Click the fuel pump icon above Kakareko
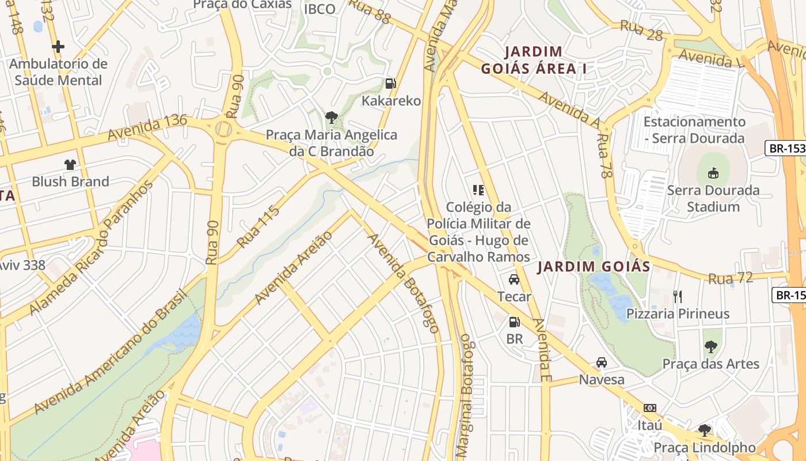(x=391, y=84)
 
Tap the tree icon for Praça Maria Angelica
(x=331, y=118)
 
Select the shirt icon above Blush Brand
(x=70, y=165)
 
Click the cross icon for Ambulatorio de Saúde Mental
(x=58, y=47)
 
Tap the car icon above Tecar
(x=514, y=279)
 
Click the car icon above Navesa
(x=602, y=362)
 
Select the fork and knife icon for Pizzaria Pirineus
(x=678, y=297)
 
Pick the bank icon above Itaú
(x=650, y=408)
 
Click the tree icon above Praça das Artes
(x=711, y=347)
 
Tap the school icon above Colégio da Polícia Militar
(x=478, y=190)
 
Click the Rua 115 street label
(x=258, y=226)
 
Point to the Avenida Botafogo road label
(x=404, y=283)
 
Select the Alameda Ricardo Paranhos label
(x=92, y=248)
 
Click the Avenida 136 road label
(x=147, y=127)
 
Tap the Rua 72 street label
(x=731, y=278)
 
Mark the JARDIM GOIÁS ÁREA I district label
(x=534, y=61)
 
